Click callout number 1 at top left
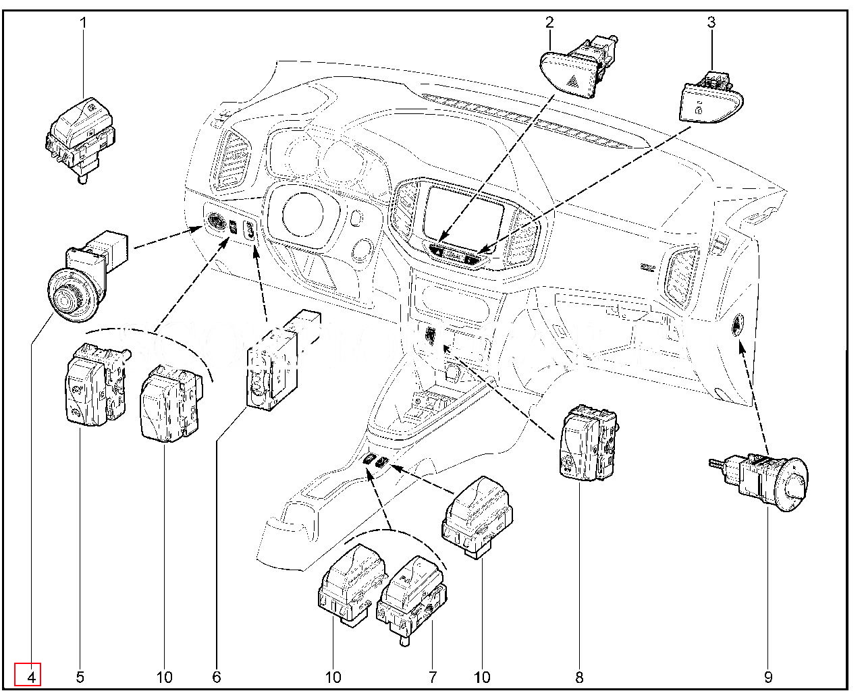point(84,22)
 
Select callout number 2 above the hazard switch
point(549,22)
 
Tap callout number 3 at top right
point(711,22)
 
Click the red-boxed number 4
point(28,675)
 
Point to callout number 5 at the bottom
point(80,677)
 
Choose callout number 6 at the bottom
point(216,677)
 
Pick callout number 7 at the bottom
point(433,677)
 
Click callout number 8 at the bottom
point(579,677)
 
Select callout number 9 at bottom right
point(768,677)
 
